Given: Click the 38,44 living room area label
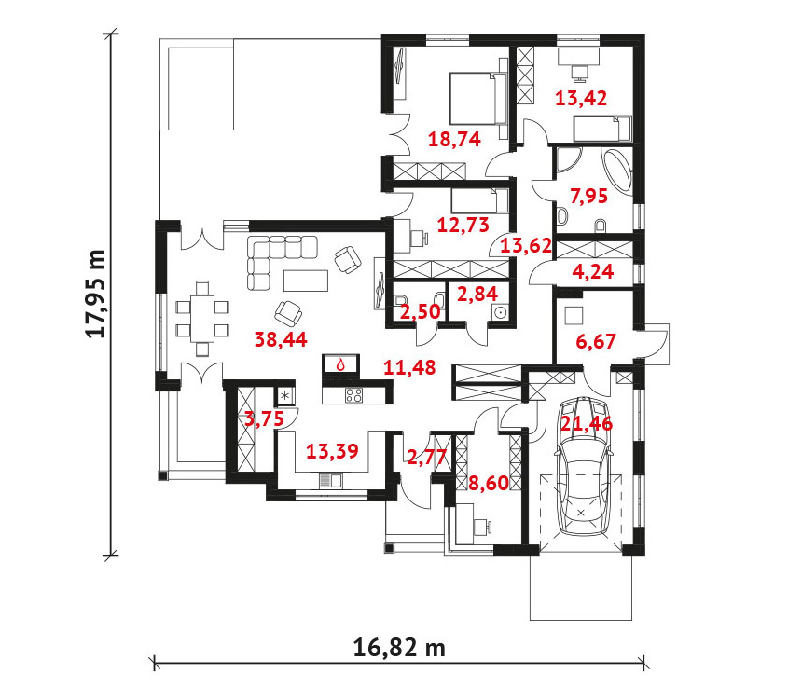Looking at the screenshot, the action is pyautogui.click(x=281, y=339).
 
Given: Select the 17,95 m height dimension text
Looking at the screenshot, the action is pyautogui.click(x=95, y=294).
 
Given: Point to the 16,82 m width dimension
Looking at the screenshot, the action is pyautogui.click(x=399, y=648).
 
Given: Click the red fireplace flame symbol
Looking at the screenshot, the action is pyautogui.click(x=340, y=364).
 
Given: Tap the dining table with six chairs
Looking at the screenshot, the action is pyautogui.click(x=202, y=319).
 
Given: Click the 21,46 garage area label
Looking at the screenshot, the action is pyautogui.click(x=587, y=423).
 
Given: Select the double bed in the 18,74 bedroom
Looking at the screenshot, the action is pyautogui.click(x=478, y=98).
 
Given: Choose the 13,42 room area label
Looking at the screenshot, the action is pyautogui.click(x=581, y=98).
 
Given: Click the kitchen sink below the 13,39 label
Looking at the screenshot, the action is pyautogui.click(x=330, y=481).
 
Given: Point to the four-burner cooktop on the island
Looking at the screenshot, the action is pyautogui.click(x=354, y=395).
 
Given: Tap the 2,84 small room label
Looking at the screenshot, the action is pyautogui.click(x=477, y=294).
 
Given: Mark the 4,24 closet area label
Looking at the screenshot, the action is pyautogui.click(x=593, y=271).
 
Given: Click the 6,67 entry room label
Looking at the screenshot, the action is pyautogui.click(x=596, y=341).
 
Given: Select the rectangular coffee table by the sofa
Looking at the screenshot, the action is pyautogui.click(x=306, y=281).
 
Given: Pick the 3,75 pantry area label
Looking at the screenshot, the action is pyautogui.click(x=264, y=418).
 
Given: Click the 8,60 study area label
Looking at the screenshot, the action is pyautogui.click(x=489, y=482).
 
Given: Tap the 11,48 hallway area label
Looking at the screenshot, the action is pyautogui.click(x=409, y=366).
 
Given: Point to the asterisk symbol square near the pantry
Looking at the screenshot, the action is pyautogui.click(x=285, y=395).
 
